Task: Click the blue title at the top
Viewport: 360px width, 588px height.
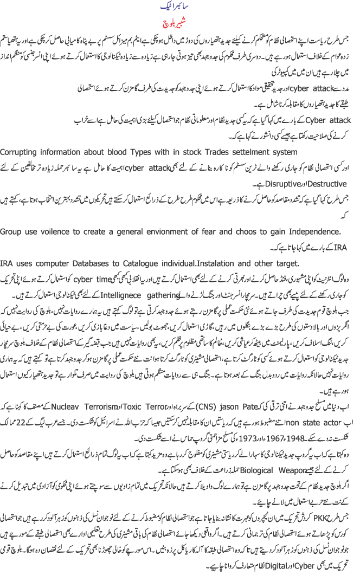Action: pos(179,9)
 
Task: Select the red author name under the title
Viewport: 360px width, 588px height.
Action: pos(179,25)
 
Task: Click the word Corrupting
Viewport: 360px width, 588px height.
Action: pos(22,151)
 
